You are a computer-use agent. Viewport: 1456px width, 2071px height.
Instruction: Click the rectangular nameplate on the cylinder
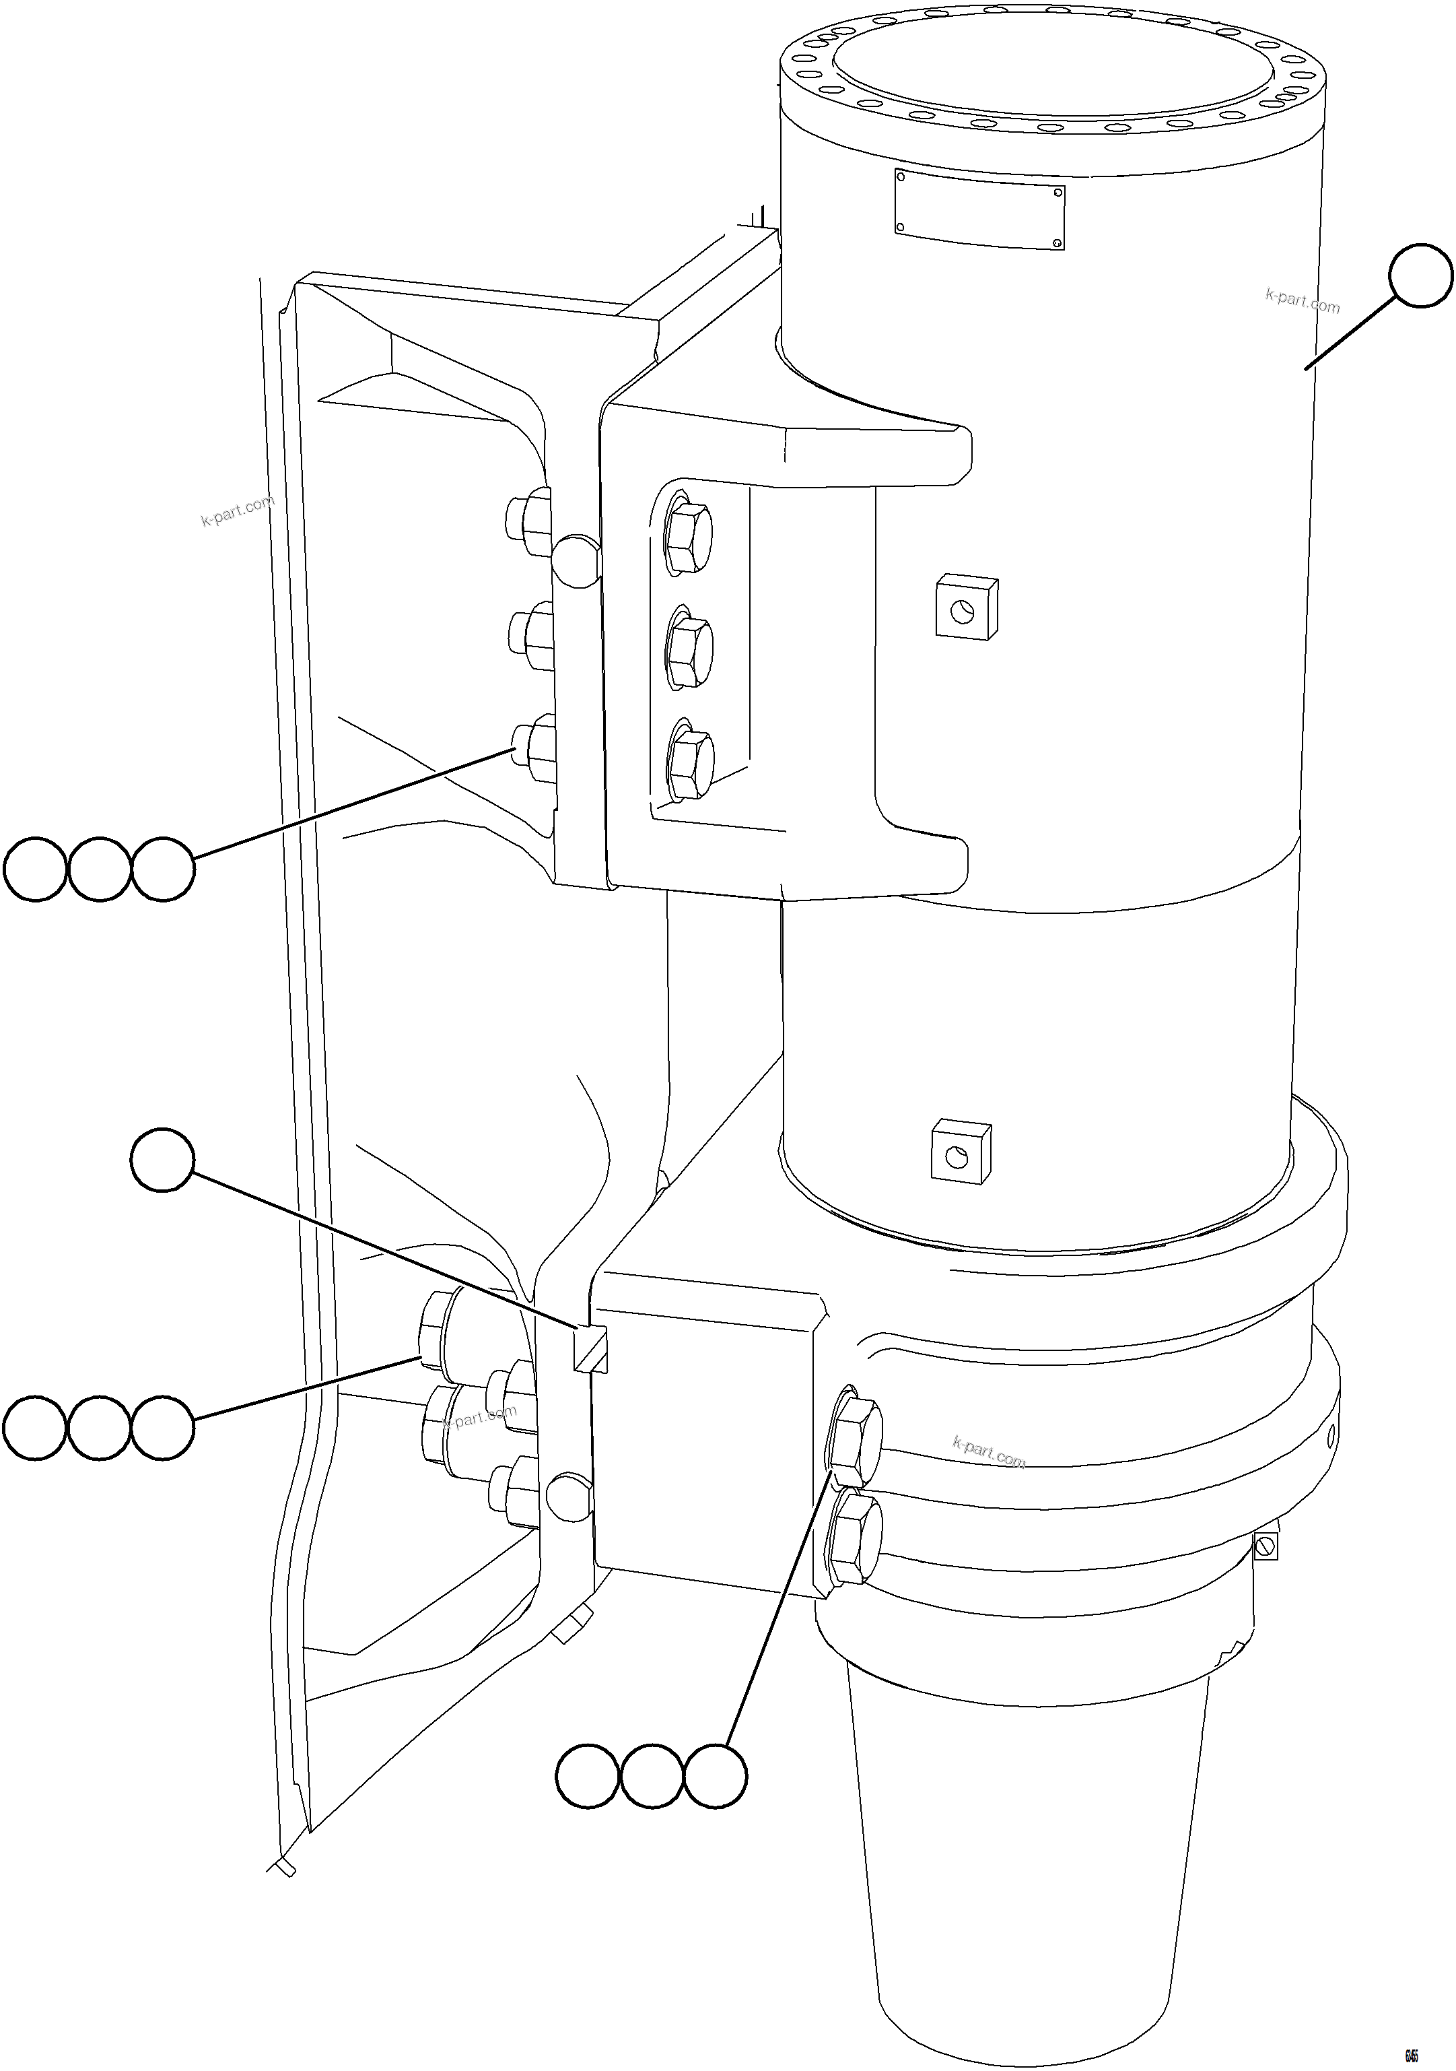[x=979, y=209]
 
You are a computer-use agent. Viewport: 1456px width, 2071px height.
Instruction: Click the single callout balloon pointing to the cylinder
[x=1421, y=275]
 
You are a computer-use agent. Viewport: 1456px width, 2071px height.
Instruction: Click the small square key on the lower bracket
[x=590, y=1348]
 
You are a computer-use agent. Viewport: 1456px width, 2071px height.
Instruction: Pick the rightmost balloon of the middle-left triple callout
[x=162, y=1427]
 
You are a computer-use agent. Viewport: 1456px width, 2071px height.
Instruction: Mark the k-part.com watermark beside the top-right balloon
[x=1302, y=300]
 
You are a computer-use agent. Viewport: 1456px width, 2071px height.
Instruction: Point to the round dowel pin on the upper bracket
[x=575, y=561]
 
